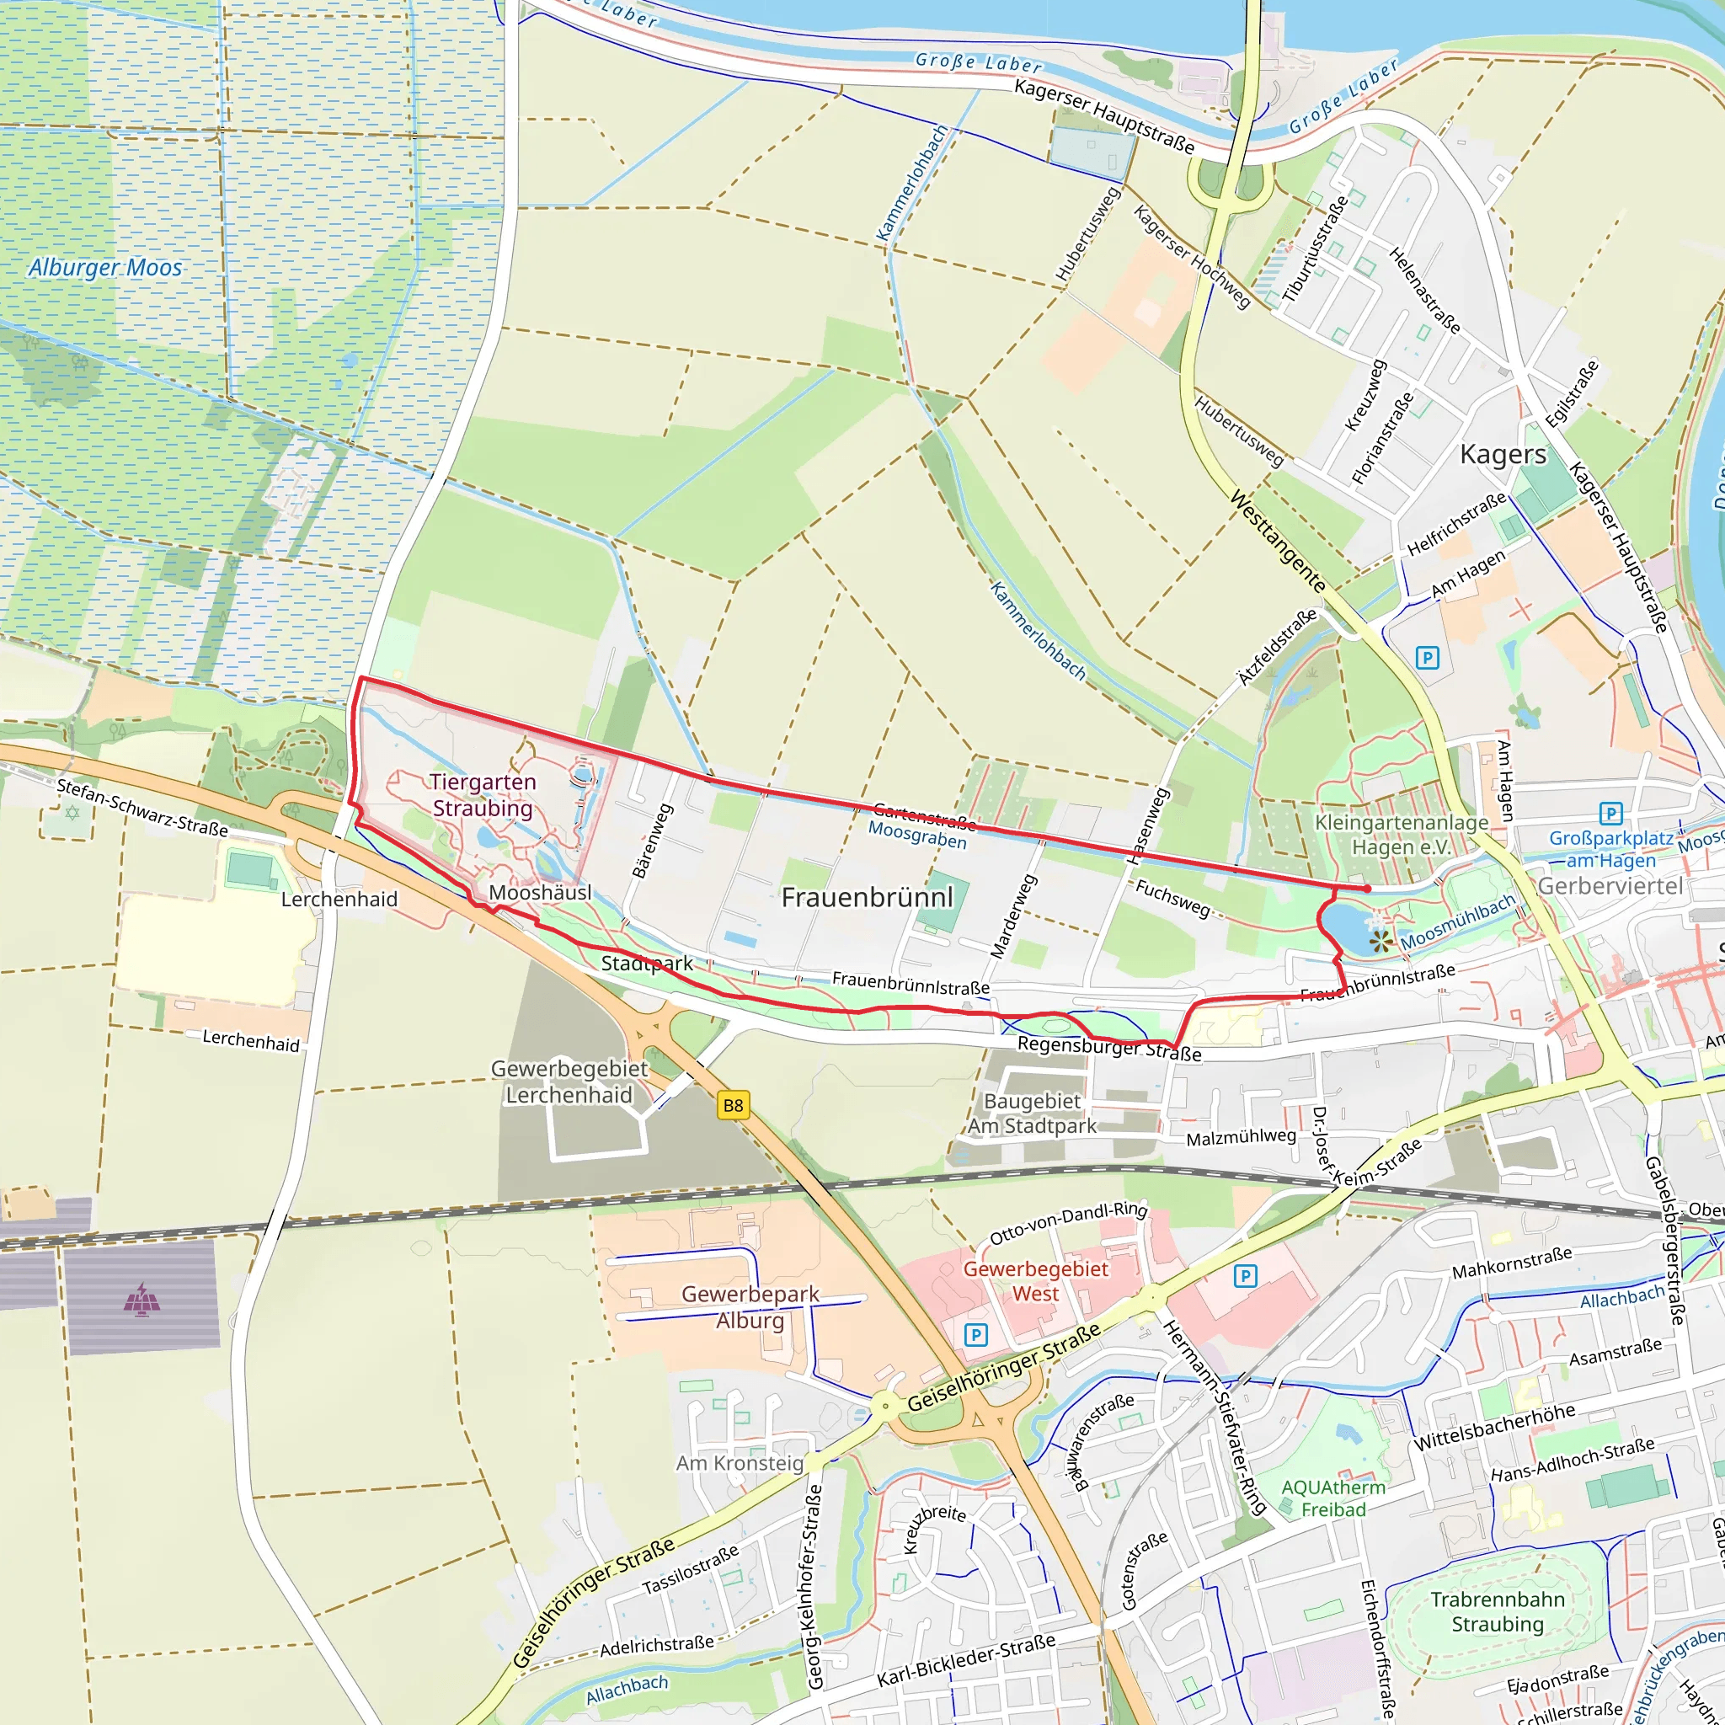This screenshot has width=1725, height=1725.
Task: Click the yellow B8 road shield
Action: [x=732, y=1105]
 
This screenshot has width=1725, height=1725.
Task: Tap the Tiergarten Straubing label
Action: [x=482, y=794]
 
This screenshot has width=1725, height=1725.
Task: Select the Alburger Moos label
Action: [x=104, y=268]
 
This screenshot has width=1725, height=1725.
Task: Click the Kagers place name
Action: [x=1503, y=455]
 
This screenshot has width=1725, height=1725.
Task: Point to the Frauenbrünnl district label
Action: [x=867, y=897]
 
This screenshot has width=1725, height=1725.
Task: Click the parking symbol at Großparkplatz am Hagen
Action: [x=1610, y=814]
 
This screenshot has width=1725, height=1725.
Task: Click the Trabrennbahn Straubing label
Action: [x=1498, y=1611]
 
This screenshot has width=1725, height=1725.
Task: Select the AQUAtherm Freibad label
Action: [x=1333, y=1498]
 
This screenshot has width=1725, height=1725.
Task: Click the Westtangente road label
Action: [x=1278, y=541]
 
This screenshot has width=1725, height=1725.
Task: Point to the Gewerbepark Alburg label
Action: [x=750, y=1307]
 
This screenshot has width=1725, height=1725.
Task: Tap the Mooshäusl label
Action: [x=539, y=893]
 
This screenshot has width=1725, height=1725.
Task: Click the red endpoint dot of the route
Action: [x=1367, y=889]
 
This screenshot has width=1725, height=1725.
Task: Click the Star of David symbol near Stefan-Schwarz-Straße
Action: [x=72, y=813]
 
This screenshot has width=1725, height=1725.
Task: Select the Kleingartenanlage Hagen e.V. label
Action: [x=1401, y=835]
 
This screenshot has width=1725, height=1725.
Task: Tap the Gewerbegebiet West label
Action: [x=1035, y=1280]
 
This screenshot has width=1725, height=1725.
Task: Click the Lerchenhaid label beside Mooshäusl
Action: [x=339, y=899]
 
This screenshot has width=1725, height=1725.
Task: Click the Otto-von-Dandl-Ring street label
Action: [x=1068, y=1222]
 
